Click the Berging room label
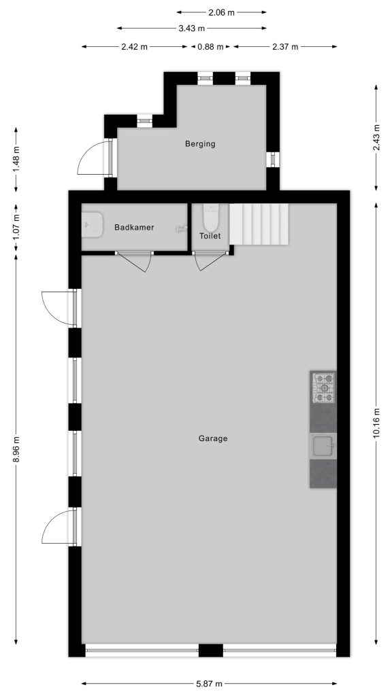tap(200, 144)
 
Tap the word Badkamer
tap(134, 227)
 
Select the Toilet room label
tap(210, 236)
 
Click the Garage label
tap(213, 438)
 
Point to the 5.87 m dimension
tap(210, 684)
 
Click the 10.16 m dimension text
tap(376, 423)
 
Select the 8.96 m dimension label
tap(16, 449)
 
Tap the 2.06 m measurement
tap(221, 12)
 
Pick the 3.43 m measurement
tap(191, 29)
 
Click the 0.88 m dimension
tap(210, 47)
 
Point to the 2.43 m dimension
tap(376, 137)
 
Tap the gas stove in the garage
tap(323, 387)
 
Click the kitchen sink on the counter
tap(323, 446)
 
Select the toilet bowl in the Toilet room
tap(210, 217)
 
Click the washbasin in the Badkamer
tap(92, 224)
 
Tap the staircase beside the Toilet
tap(259, 224)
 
